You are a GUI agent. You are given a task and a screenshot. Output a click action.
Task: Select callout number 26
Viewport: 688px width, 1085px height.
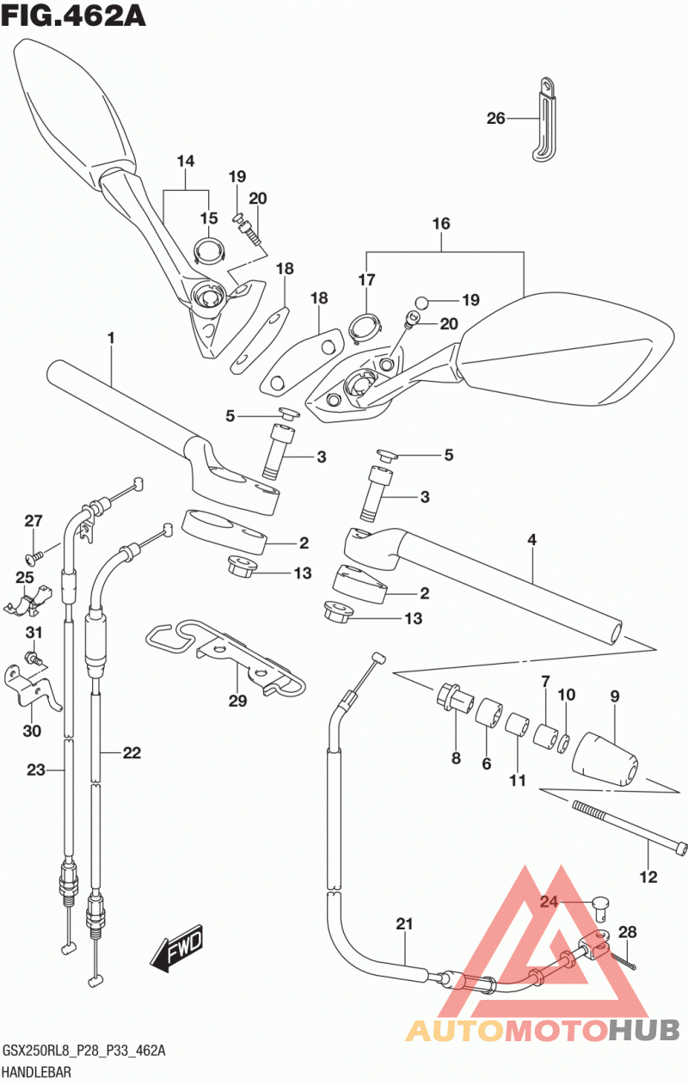point(495,118)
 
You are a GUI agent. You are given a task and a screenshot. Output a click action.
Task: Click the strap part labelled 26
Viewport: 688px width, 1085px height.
point(545,119)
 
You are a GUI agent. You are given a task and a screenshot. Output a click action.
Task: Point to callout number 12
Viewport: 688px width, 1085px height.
point(648,877)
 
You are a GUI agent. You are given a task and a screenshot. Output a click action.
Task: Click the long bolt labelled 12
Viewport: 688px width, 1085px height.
point(630,828)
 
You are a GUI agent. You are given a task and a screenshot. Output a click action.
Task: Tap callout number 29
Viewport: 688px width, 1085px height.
point(238,701)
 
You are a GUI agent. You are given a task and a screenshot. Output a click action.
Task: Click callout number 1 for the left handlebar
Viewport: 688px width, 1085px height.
point(112,338)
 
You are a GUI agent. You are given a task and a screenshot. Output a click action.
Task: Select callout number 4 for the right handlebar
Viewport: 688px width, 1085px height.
point(532,540)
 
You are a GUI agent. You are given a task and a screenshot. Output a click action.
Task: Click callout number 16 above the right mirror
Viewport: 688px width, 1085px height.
point(441,224)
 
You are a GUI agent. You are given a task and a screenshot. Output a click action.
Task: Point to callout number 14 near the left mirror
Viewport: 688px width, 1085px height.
point(186,162)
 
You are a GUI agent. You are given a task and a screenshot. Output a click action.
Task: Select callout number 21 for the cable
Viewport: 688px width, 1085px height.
point(404,924)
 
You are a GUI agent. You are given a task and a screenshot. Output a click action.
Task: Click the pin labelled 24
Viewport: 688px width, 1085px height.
point(601,907)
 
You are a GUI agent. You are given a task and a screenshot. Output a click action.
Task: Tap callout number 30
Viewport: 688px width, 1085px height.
point(32,731)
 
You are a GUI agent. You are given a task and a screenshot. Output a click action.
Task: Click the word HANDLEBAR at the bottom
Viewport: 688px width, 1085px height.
point(37,1071)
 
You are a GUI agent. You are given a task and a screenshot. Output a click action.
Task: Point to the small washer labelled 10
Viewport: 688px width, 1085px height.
point(565,744)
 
